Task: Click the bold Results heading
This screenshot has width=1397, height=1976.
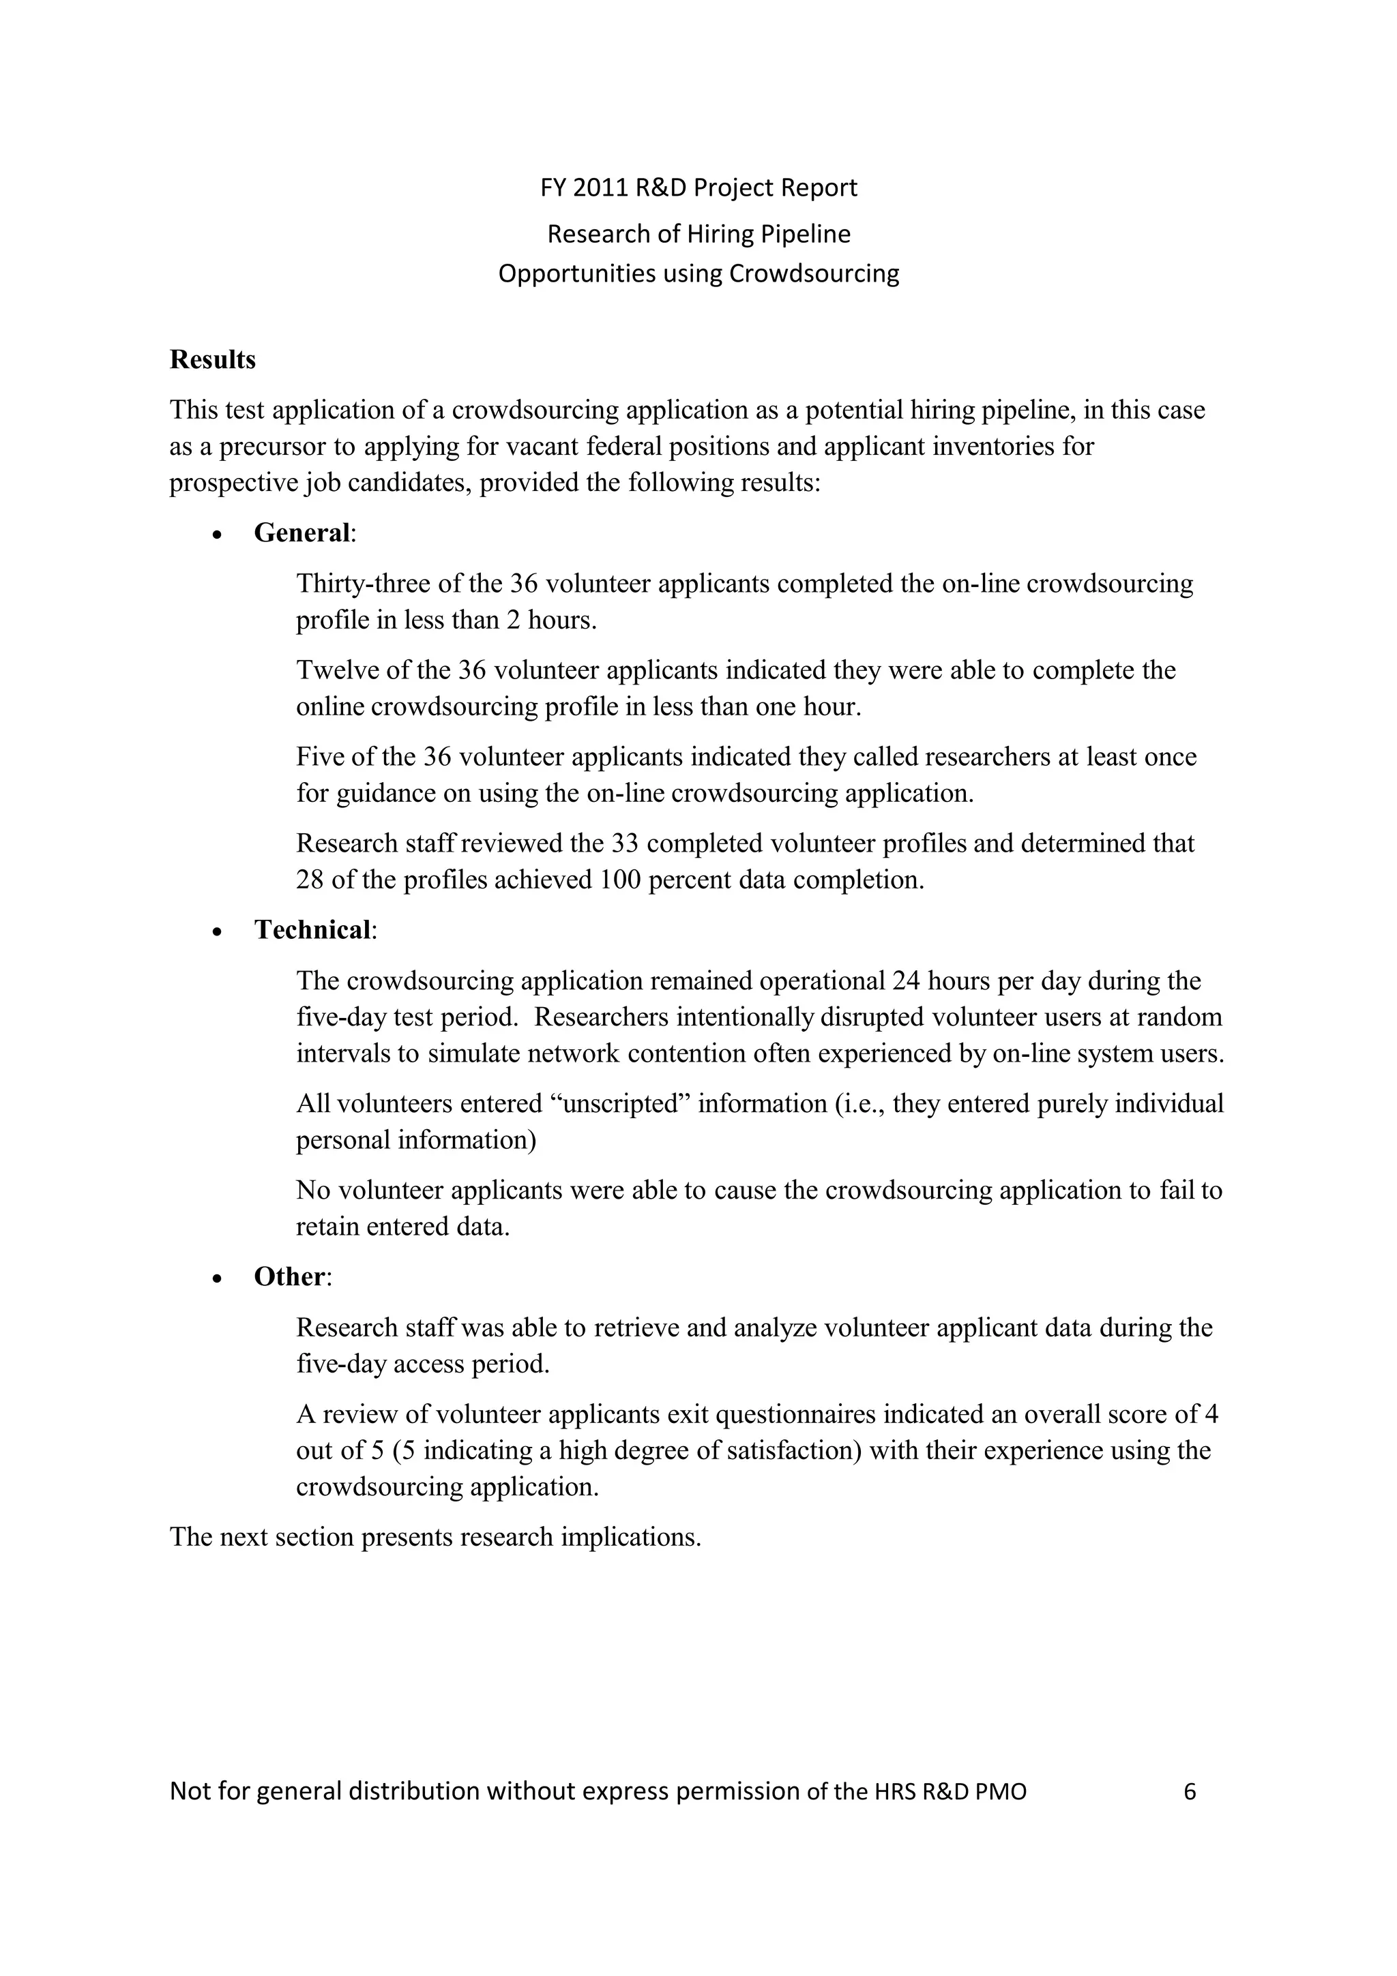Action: click(x=213, y=360)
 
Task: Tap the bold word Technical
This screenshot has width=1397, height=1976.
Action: click(x=313, y=929)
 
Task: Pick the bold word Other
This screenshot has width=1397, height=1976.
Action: click(x=290, y=1276)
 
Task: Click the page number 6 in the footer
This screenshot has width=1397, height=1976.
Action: click(x=1190, y=1791)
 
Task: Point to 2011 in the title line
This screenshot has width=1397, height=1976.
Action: click(x=600, y=188)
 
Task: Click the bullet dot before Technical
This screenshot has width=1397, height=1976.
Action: click(x=218, y=932)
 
